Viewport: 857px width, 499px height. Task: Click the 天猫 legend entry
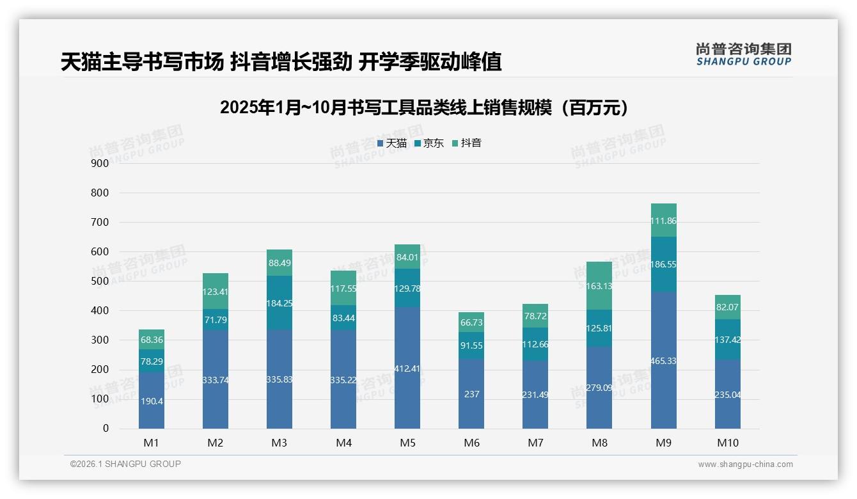[392, 143]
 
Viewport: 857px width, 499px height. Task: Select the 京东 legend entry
[429, 143]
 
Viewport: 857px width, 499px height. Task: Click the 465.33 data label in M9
[663, 361]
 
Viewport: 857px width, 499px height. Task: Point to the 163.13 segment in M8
[599, 286]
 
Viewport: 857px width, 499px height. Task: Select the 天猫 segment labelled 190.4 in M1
[152, 400]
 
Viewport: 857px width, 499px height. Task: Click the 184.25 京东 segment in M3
[279, 303]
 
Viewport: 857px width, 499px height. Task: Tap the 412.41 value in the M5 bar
[407, 368]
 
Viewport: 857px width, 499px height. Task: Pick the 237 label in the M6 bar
[471, 394]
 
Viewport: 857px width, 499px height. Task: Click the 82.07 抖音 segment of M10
[727, 307]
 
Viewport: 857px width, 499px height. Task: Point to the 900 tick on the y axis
[100, 163]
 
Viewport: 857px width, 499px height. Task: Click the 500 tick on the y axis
[100, 281]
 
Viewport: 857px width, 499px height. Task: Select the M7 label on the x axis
[535, 443]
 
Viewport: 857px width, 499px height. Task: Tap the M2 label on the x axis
[216, 443]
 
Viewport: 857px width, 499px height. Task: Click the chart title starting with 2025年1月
[424, 107]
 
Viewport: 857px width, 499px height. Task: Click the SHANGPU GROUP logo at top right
[743, 54]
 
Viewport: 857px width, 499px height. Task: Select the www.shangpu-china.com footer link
[745, 464]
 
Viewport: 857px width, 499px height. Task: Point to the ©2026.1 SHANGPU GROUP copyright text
[125, 464]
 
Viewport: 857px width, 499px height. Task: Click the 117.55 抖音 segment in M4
[343, 289]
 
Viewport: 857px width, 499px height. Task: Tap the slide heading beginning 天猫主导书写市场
[281, 61]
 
